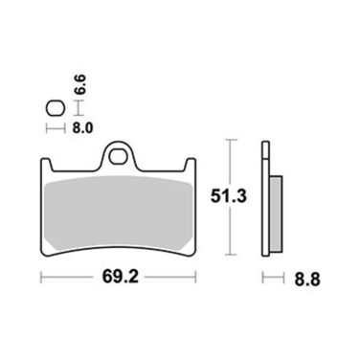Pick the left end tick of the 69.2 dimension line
[x=40, y=279]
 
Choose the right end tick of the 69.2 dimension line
[x=196, y=279]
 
